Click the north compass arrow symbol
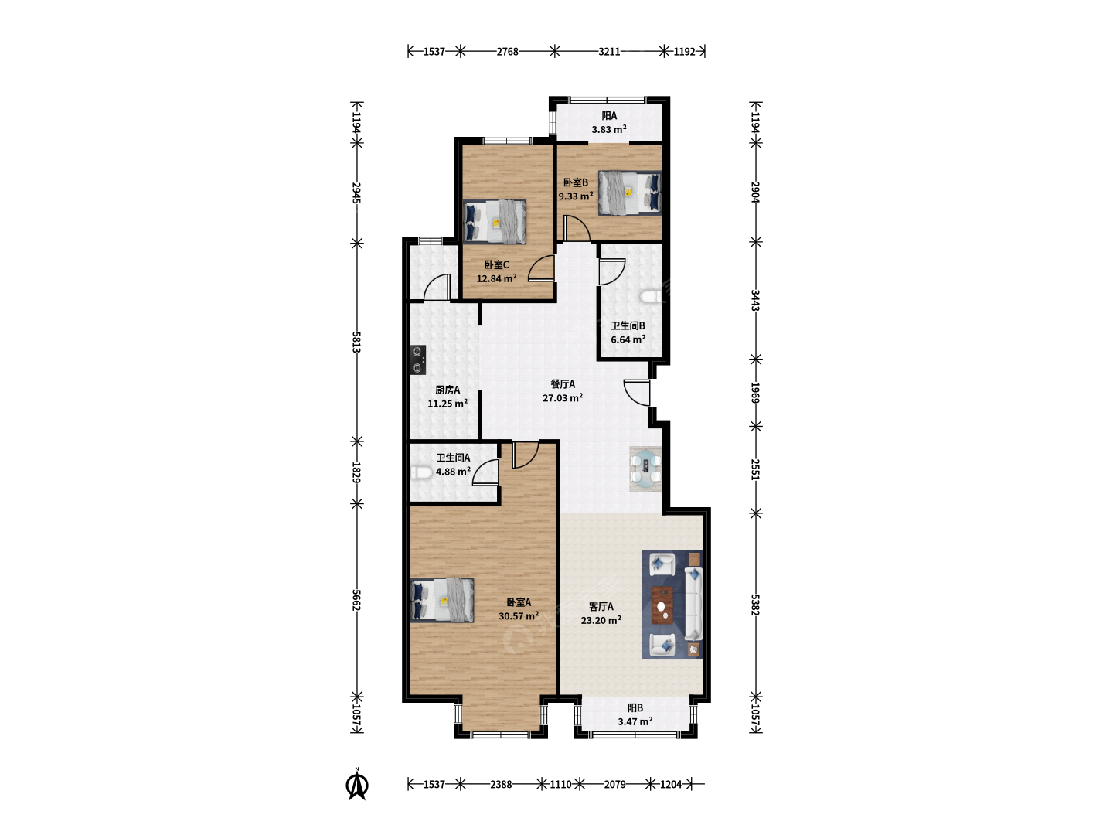pos(357,784)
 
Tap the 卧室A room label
pos(518,602)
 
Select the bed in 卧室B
pos(630,193)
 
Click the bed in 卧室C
pos(495,222)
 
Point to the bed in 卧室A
pos(442,600)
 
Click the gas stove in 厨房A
pos(418,360)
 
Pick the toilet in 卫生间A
pos(420,472)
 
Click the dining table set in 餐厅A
pos(645,469)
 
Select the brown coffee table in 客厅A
pos(662,604)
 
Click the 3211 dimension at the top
pos(609,51)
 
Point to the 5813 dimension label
pos(356,343)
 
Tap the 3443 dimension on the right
pos(755,301)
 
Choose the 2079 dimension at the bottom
pos(614,784)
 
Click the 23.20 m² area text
pos(601,620)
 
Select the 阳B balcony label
pos(635,707)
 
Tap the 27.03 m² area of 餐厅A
pos(563,398)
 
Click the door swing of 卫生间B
pos(611,271)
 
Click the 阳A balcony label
pos(609,116)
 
